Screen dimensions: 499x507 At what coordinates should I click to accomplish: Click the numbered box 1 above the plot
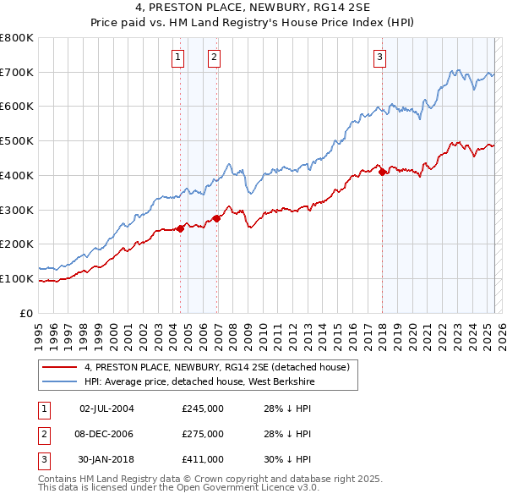(x=178, y=58)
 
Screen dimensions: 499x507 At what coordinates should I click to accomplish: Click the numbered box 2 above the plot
(x=215, y=58)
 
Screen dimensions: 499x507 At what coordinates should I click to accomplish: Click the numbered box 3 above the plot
(x=380, y=58)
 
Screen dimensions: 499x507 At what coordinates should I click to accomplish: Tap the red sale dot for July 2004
(x=181, y=228)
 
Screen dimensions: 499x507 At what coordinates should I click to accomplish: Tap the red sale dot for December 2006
(x=217, y=218)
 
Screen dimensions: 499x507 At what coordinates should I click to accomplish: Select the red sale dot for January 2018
(x=382, y=172)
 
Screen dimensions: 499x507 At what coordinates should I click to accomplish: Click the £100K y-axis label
(x=17, y=278)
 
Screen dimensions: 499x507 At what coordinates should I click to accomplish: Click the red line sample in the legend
(x=60, y=367)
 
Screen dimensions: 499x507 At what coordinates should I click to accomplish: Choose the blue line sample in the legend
(x=60, y=382)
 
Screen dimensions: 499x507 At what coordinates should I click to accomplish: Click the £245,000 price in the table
(x=203, y=409)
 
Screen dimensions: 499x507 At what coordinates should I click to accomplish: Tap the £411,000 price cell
(x=203, y=459)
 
